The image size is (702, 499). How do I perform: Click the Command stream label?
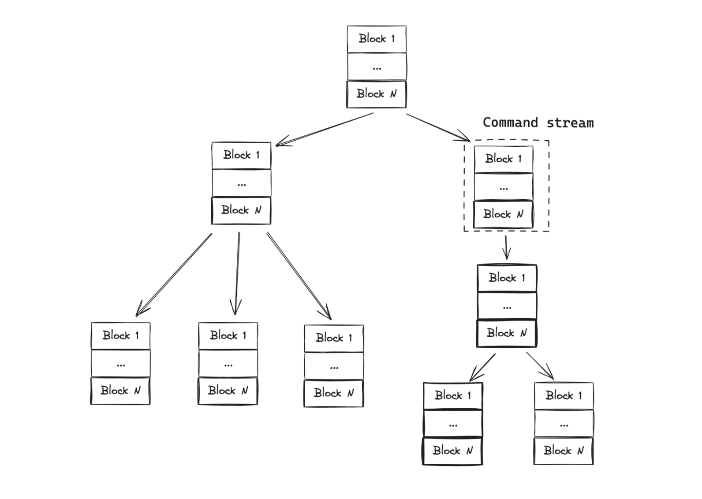(x=538, y=123)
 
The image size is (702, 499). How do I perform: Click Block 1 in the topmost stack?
(x=376, y=39)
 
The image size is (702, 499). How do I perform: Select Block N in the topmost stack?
(x=376, y=94)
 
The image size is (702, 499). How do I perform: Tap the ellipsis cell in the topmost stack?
(x=376, y=67)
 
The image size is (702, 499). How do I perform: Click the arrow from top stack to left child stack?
(x=325, y=129)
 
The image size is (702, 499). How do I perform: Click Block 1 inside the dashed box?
(x=503, y=159)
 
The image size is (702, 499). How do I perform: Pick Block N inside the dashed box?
(x=503, y=214)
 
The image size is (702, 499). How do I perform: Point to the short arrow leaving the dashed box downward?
(x=506, y=248)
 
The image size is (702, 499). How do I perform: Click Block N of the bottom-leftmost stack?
(x=120, y=391)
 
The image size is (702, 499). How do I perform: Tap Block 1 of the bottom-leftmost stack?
(x=120, y=335)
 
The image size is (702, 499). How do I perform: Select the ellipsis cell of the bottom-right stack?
(x=563, y=424)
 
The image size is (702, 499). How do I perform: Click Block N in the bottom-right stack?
(x=563, y=451)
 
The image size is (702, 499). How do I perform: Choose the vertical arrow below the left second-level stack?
(x=237, y=273)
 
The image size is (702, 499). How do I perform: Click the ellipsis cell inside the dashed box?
(x=503, y=187)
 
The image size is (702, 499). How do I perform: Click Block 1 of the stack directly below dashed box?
(x=507, y=278)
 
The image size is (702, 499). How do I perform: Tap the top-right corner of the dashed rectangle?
(x=549, y=141)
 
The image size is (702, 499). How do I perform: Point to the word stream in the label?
(x=570, y=123)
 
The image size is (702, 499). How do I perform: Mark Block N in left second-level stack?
(x=241, y=210)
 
